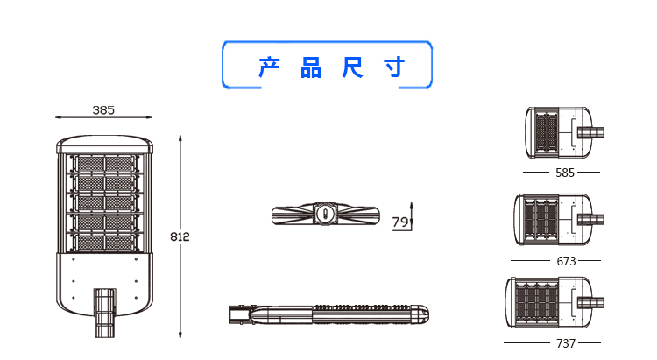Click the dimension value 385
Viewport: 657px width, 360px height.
coord(103,110)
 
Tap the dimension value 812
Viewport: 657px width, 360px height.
coord(180,236)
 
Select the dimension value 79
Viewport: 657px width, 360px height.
coord(400,222)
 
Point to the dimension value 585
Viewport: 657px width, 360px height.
coord(565,173)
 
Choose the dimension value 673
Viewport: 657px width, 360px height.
coord(566,261)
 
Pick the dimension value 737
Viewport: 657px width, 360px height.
coord(566,343)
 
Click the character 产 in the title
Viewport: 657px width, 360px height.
coord(270,67)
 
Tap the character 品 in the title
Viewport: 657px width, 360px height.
coord(311,67)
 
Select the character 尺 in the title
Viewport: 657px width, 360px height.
coord(352,67)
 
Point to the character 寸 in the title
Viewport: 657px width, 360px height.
coord(394,67)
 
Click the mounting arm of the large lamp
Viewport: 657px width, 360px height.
coord(104,313)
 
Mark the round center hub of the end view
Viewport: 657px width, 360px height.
coord(325,214)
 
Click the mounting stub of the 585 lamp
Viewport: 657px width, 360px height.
coord(590,132)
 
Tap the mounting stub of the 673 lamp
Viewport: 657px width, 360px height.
coord(590,220)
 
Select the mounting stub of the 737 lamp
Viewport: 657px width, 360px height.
coord(590,302)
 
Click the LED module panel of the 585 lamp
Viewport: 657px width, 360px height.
coord(547,132)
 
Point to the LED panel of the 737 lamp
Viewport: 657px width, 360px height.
coord(537,302)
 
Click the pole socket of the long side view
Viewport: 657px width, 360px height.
coord(240,314)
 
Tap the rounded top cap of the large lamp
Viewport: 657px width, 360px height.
coord(105,144)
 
